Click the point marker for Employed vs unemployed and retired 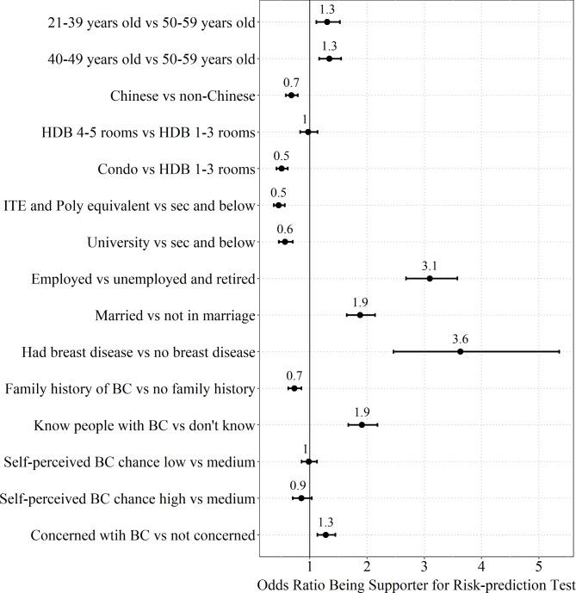(430, 278)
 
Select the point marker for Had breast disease (460, 351)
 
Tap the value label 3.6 (460, 338)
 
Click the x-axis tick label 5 (539, 566)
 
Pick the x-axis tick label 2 (367, 566)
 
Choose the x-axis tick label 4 (481, 566)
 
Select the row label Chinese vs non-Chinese (183, 96)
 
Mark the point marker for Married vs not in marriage (360, 315)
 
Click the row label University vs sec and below (171, 242)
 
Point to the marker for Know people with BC (362, 424)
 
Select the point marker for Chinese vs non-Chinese (291, 96)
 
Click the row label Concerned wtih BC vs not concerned (143, 535)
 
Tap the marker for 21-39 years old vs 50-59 (327, 22)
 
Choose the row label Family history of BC (130, 389)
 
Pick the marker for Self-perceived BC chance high (301, 498)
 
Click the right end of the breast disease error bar (560, 351)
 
